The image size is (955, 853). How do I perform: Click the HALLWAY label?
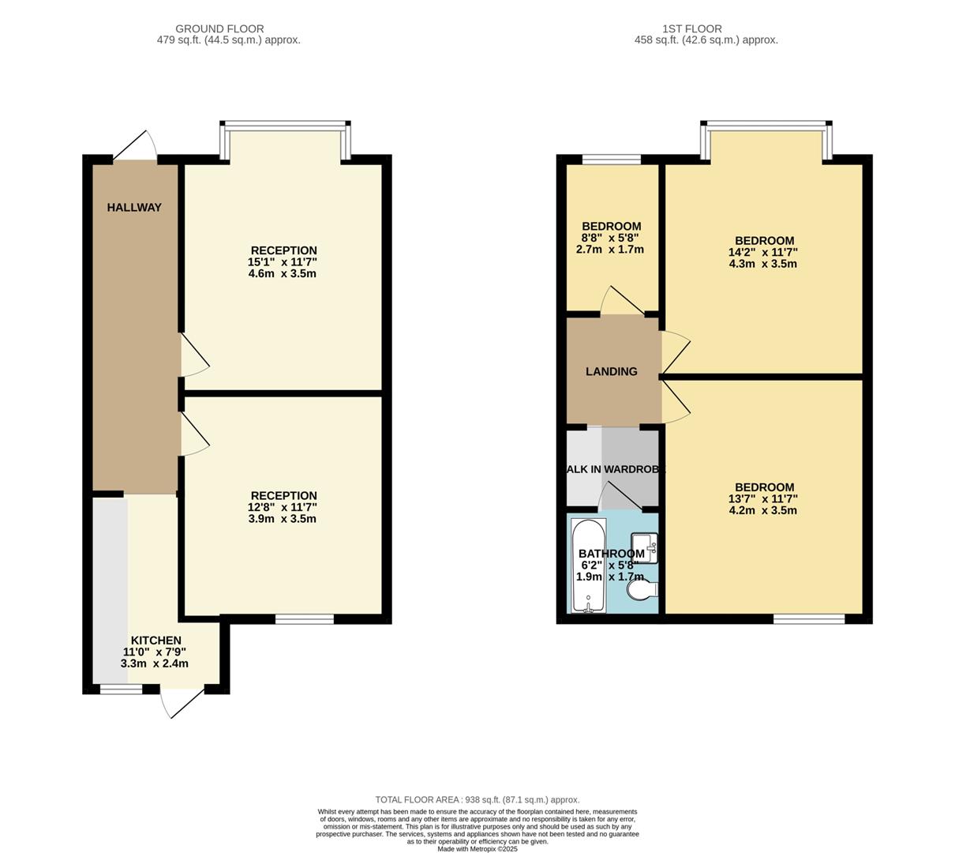point(134,208)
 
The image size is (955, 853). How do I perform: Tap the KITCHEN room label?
point(155,641)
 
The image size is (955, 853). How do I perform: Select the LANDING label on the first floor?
point(611,371)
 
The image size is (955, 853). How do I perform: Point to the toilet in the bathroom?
point(641,590)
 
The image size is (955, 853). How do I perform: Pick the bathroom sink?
point(646,547)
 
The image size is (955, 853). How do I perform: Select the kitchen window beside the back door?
point(121,690)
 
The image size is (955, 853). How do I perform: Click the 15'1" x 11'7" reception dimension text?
point(282,262)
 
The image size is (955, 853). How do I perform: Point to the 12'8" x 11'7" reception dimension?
point(282,507)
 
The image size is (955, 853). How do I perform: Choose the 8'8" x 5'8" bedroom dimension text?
point(610,238)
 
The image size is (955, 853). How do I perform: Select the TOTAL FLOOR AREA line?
point(477,799)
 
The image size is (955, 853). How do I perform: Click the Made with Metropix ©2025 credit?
point(477,849)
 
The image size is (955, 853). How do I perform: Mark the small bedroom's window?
point(611,160)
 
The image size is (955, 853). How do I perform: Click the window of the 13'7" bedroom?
point(808,619)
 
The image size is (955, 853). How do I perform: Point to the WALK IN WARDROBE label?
point(614,469)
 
